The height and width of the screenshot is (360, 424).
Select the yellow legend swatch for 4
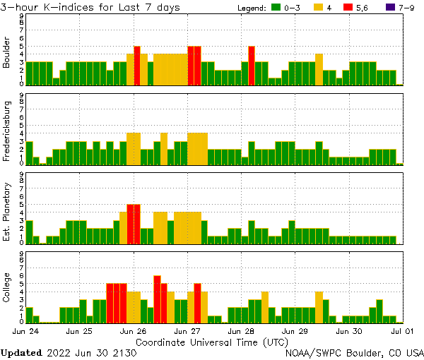click(x=319, y=8)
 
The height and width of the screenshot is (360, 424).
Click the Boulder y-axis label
click(x=7, y=53)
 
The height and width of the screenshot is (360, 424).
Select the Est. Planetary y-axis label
click(x=7, y=212)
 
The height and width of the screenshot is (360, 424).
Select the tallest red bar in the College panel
click(x=157, y=299)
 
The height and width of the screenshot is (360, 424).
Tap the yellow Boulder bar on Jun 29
click(x=319, y=69)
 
